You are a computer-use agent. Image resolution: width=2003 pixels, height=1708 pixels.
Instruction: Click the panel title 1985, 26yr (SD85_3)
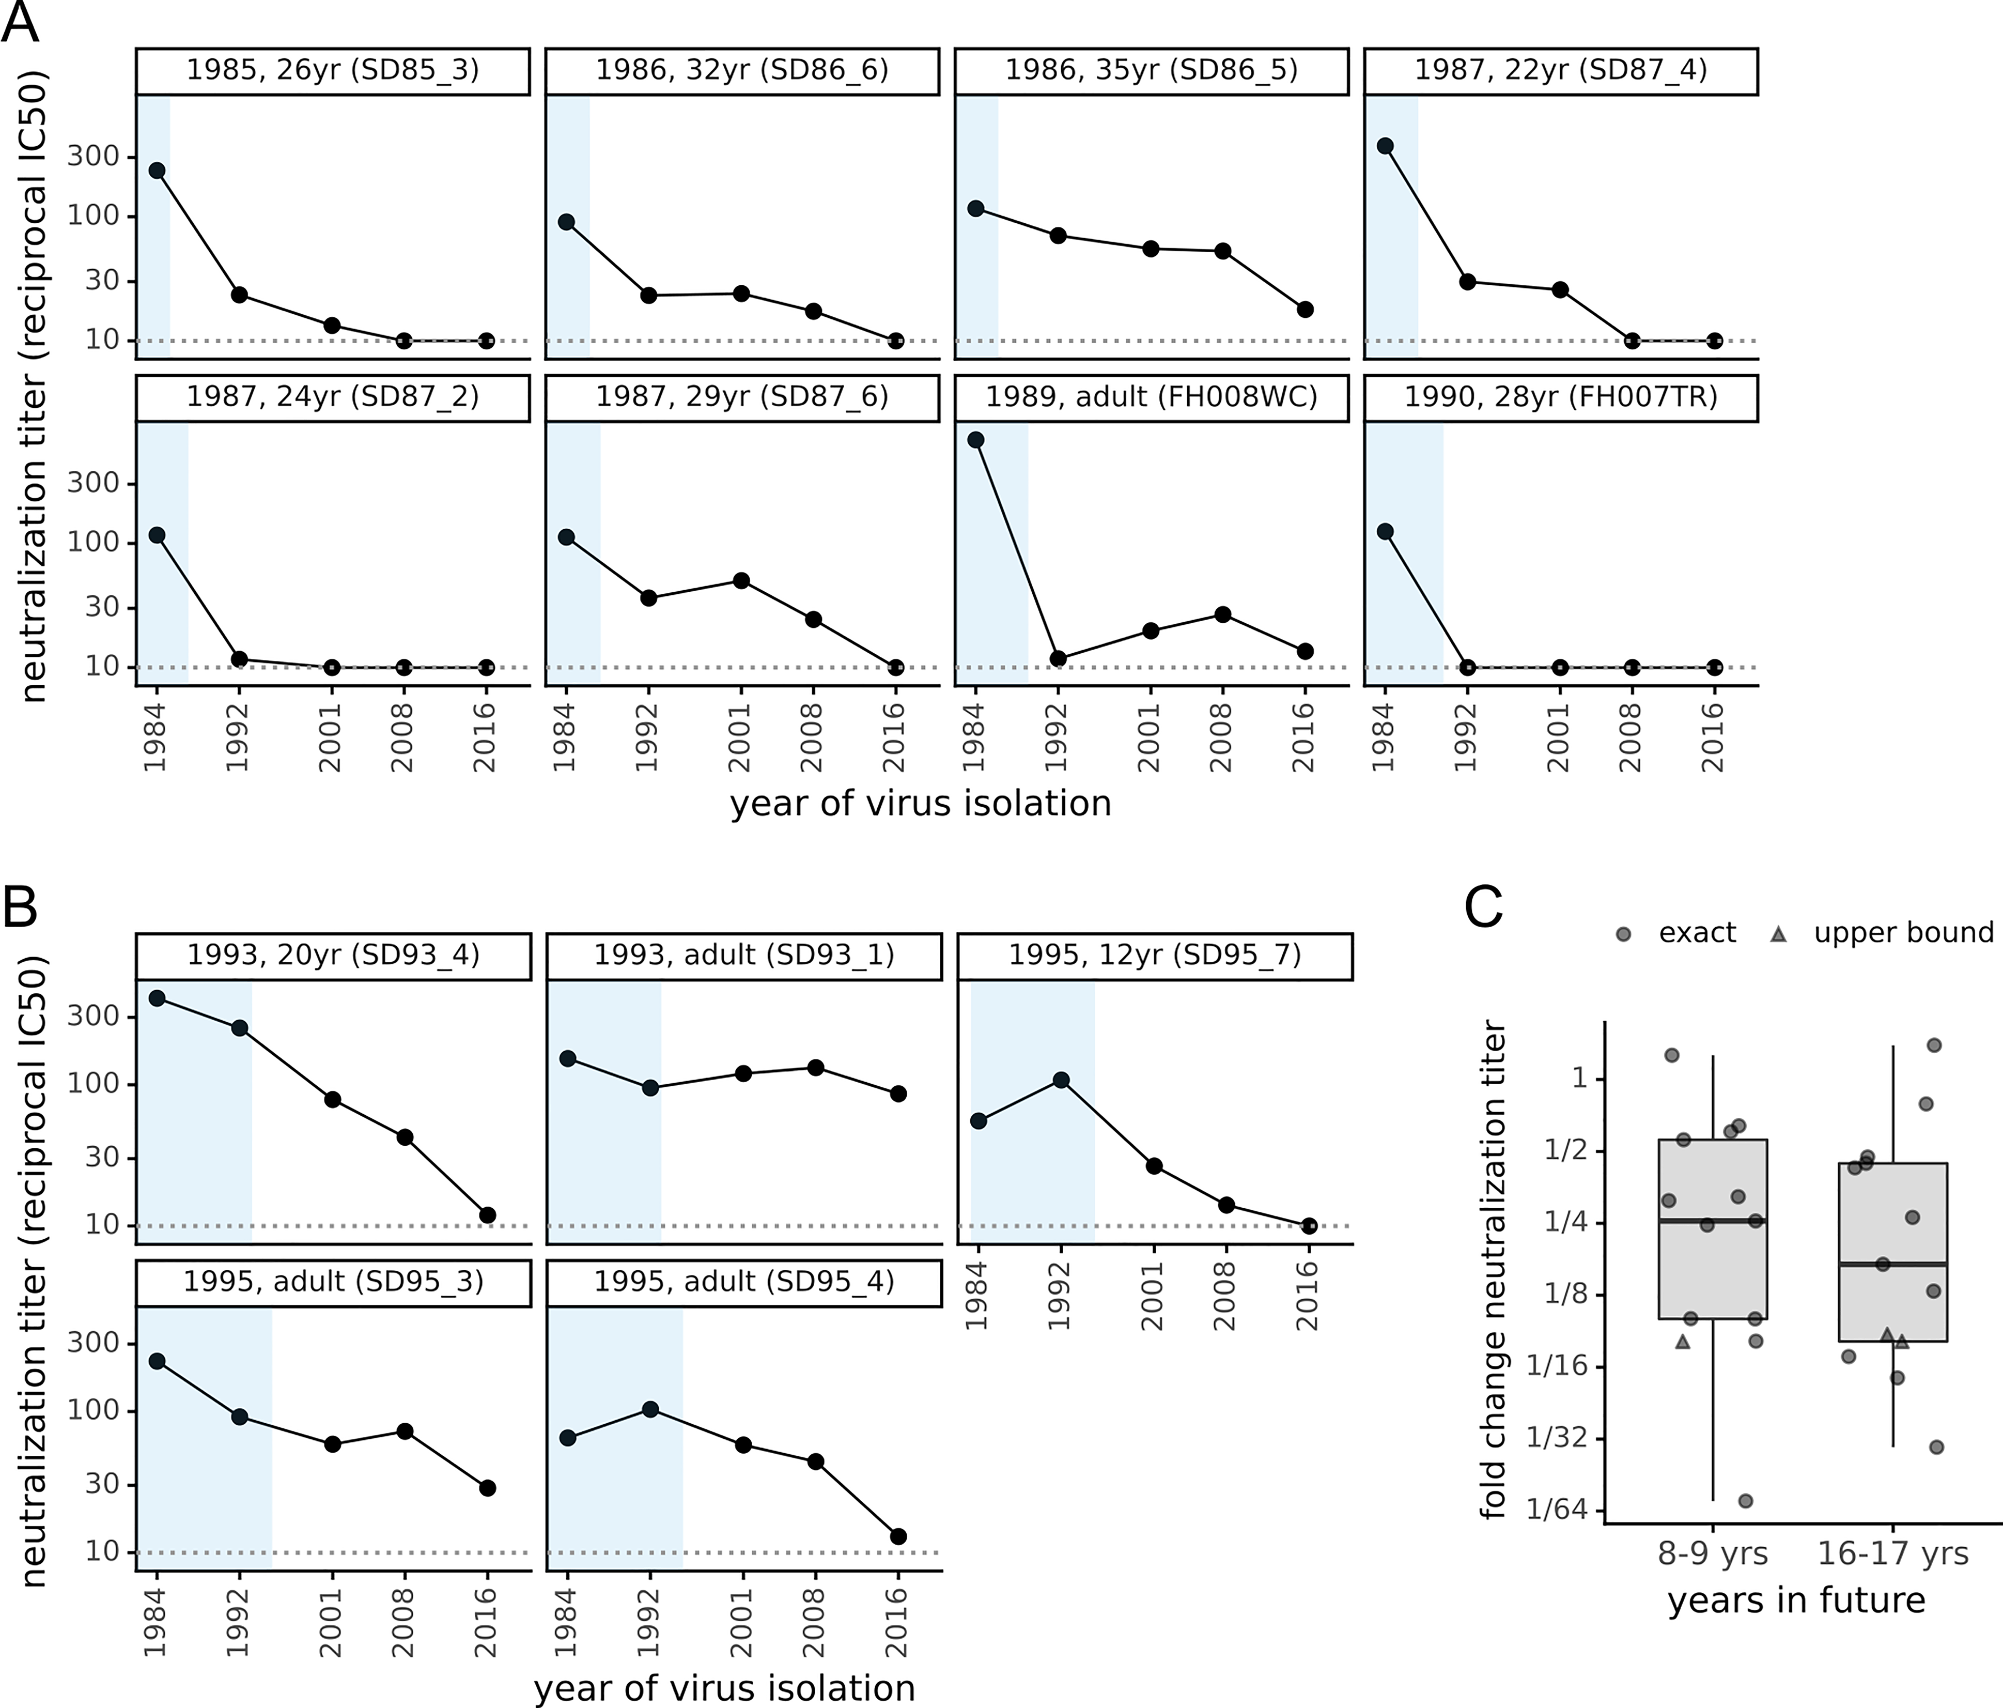[x=333, y=71]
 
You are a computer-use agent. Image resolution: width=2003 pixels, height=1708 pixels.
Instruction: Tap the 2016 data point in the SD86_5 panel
[x=1305, y=310]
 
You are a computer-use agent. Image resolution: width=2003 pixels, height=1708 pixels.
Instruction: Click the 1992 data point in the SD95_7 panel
[x=1061, y=1080]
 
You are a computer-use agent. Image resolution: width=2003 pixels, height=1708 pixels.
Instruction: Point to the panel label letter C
[x=1484, y=906]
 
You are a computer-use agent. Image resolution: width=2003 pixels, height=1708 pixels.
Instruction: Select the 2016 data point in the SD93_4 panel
[x=488, y=1215]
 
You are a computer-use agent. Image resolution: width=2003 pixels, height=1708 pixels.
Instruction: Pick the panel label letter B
[x=21, y=906]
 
